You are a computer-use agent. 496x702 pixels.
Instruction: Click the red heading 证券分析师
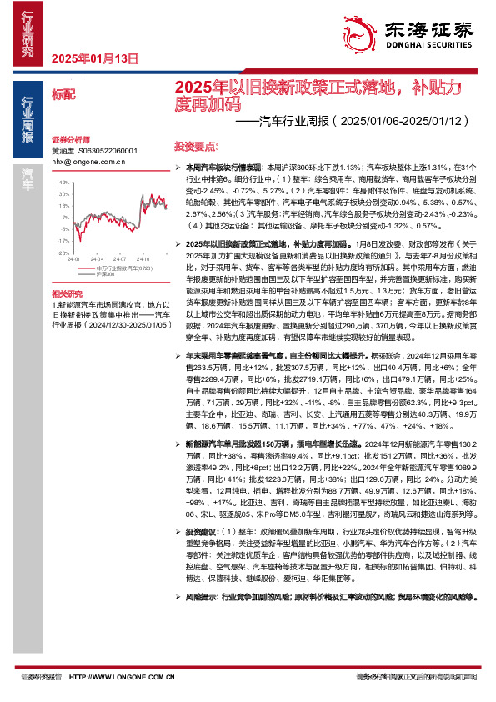click(71, 139)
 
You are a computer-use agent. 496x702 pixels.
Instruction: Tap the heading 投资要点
click(197, 143)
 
